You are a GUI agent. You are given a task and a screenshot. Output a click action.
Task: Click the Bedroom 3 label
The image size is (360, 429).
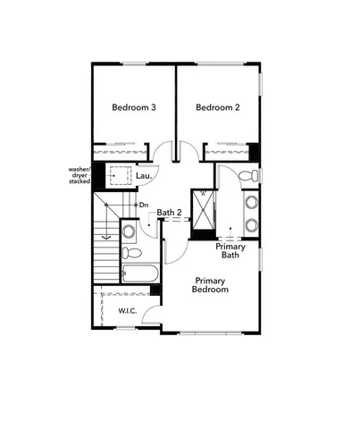(x=134, y=108)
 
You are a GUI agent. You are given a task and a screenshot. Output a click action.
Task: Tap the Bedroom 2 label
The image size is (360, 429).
(x=219, y=108)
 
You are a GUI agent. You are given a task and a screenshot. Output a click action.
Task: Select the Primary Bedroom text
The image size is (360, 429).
(x=212, y=284)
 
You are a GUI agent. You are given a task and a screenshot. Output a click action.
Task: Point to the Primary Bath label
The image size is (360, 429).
(x=230, y=250)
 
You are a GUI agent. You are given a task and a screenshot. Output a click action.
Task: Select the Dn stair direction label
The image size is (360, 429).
(x=144, y=206)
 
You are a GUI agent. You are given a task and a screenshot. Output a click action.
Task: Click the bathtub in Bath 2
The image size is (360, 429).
(x=138, y=273)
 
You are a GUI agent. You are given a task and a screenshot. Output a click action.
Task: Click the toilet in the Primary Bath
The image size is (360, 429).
(x=251, y=174)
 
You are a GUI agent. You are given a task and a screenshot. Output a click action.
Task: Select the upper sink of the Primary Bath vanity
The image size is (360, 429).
(x=251, y=202)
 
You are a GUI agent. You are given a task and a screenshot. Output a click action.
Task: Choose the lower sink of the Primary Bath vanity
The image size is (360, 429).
(x=251, y=224)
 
